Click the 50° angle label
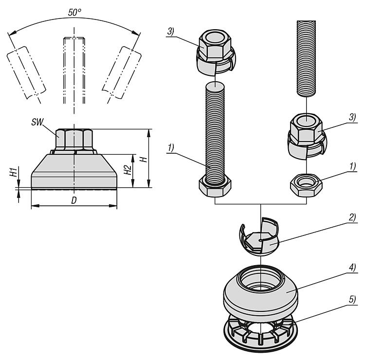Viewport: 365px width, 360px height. pos(74,13)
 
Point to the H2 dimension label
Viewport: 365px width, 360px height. pos(127,170)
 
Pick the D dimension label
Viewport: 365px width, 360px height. pos(74,200)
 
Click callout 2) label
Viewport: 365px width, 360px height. pos(352,217)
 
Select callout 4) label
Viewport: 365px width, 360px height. pos(352,267)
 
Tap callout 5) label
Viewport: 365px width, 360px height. pos(352,299)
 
